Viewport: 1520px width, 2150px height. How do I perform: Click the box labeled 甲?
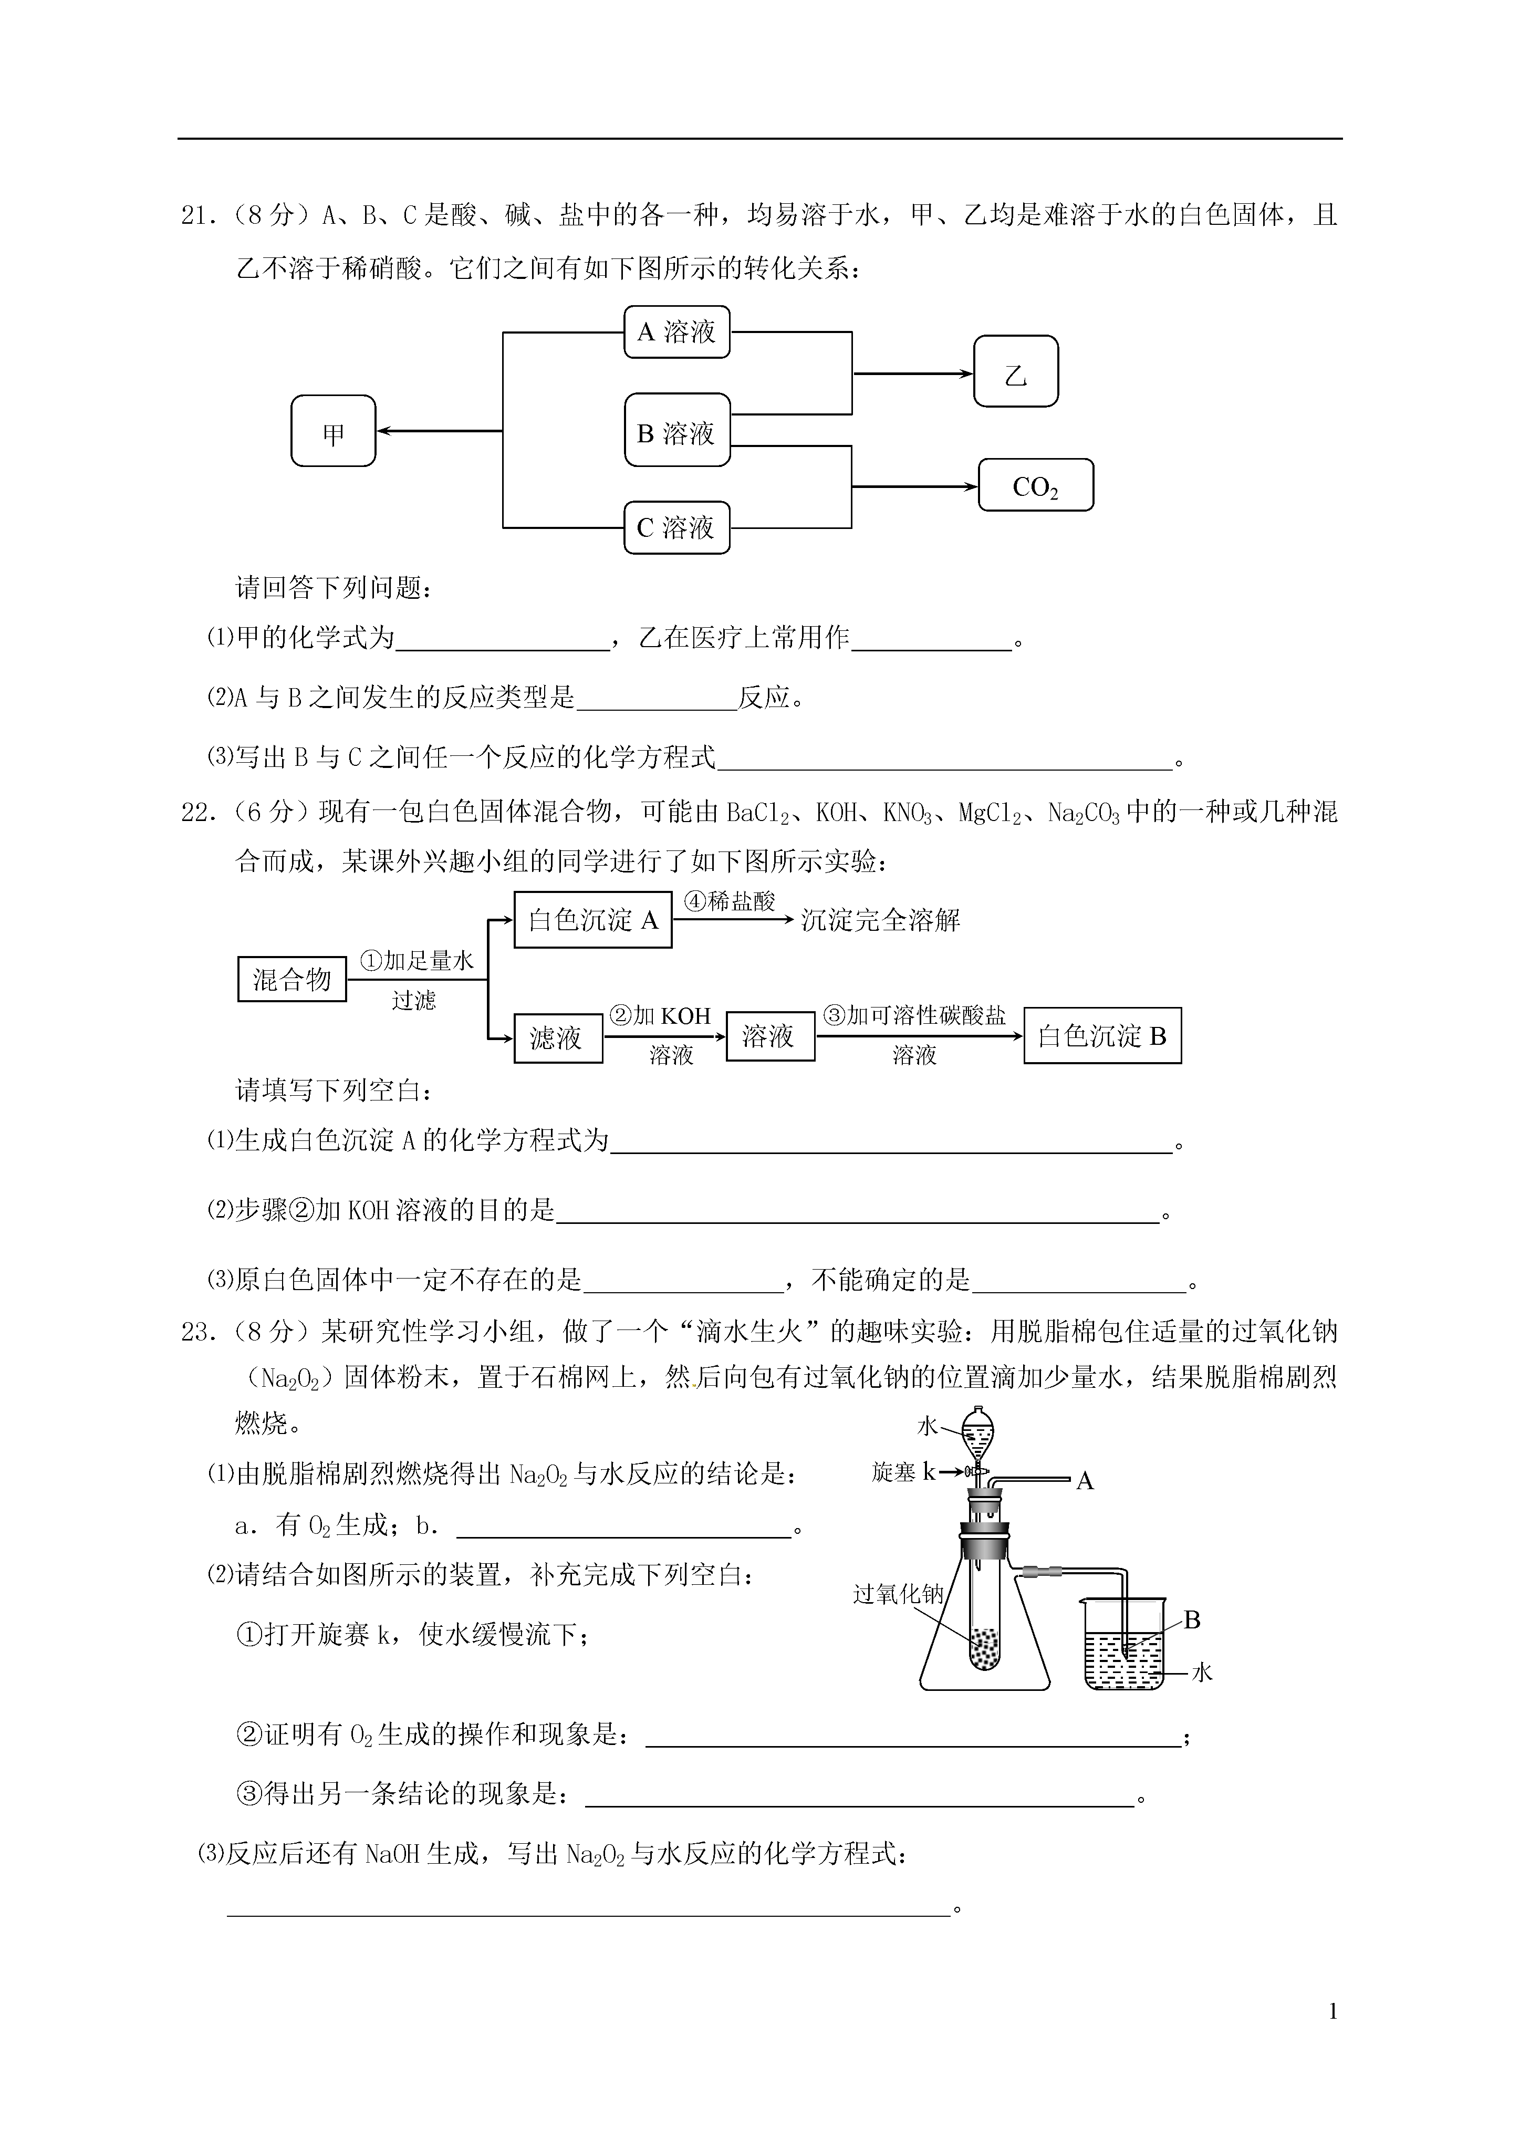334,431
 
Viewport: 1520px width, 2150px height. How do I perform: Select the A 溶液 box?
677,331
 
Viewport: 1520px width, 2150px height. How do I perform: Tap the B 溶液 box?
677,430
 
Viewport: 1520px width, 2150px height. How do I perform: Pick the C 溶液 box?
677,527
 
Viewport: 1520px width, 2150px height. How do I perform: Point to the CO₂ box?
1036,485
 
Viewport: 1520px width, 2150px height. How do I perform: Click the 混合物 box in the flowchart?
292,980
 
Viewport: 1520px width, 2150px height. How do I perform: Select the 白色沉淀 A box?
593,920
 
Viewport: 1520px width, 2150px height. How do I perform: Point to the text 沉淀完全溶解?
880,920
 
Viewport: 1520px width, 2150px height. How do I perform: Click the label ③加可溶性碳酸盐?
915,1016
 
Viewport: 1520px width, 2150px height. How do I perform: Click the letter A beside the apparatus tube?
1086,1480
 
